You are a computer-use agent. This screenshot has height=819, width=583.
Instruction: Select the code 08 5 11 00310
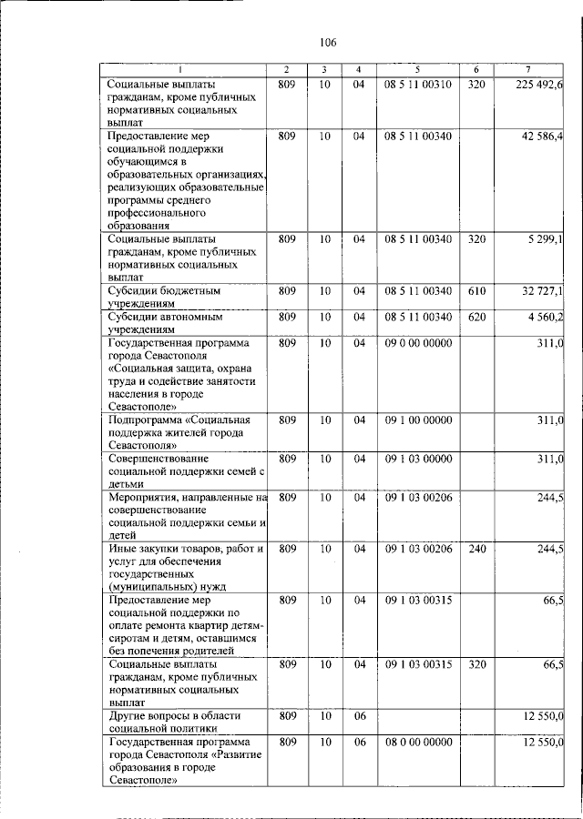[417, 85]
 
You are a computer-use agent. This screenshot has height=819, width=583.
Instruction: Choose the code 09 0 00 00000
[417, 342]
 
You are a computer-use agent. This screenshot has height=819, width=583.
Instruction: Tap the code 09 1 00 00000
[417, 420]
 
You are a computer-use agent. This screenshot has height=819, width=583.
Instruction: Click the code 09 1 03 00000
[417, 459]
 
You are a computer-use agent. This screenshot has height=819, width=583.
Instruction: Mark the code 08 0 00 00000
[417, 743]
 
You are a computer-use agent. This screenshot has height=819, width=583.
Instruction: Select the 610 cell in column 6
[476, 290]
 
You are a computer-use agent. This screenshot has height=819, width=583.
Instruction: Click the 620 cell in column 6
[476, 316]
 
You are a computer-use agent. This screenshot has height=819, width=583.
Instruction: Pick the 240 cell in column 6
[476, 549]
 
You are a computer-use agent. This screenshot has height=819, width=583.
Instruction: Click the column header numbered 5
[417, 69]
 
